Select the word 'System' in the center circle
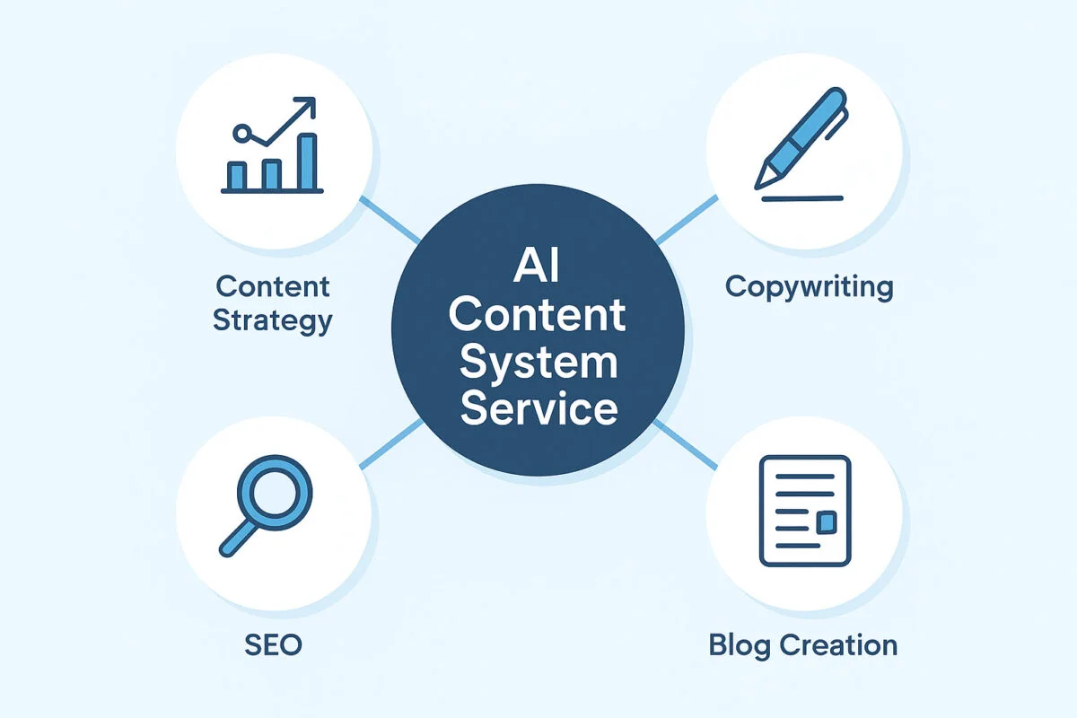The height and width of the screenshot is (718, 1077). pyautogui.click(x=538, y=363)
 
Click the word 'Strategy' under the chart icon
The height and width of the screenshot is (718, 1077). pyautogui.click(x=273, y=320)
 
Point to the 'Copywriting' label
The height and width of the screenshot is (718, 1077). pyautogui.click(x=809, y=287)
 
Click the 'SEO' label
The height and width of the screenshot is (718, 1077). pyautogui.click(x=273, y=644)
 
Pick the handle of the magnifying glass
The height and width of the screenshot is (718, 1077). pyautogui.click(x=235, y=538)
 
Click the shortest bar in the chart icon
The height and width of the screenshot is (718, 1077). pyautogui.click(x=237, y=176)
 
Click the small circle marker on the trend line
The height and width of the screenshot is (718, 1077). pyautogui.click(x=240, y=134)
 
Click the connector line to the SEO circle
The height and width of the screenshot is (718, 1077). pyautogui.click(x=390, y=443)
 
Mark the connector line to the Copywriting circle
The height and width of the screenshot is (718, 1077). pyautogui.click(x=687, y=220)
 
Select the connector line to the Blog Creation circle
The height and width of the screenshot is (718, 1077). pyautogui.click(x=687, y=443)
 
